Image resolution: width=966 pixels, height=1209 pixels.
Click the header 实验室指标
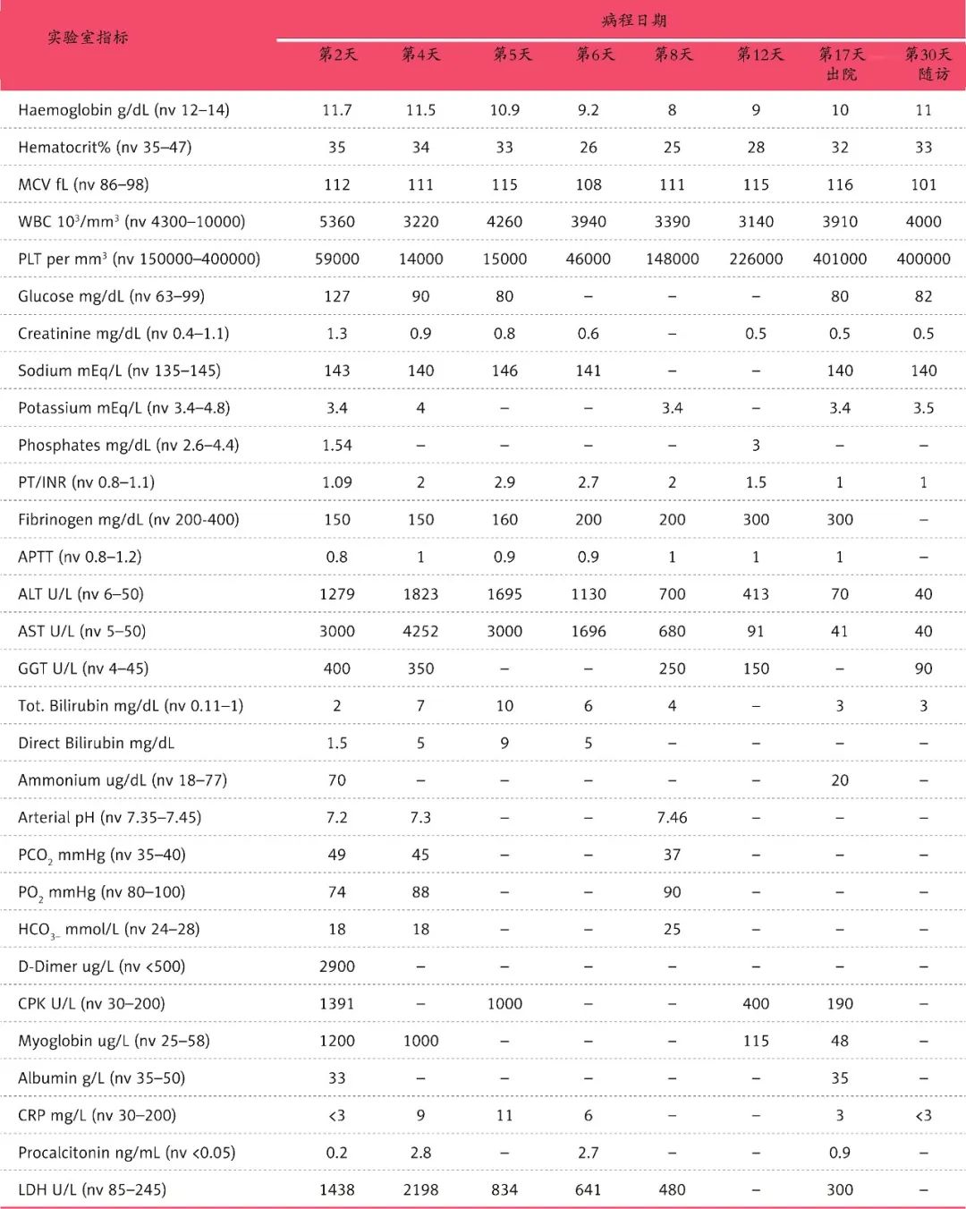[88, 38]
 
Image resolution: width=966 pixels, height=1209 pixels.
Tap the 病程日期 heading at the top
[633, 21]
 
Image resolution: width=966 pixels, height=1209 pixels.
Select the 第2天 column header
[337, 55]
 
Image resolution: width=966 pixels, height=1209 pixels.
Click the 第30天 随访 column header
[928, 64]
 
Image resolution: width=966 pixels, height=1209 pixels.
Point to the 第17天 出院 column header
[841, 64]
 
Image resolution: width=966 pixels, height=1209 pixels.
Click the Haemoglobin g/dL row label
[123, 110]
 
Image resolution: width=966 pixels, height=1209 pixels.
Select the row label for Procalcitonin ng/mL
[126, 1153]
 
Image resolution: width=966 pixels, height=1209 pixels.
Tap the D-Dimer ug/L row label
[101, 966]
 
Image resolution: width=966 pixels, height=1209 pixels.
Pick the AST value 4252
[420, 631]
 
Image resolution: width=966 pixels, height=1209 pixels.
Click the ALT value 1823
[420, 594]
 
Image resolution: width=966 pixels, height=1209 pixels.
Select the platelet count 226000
[756, 259]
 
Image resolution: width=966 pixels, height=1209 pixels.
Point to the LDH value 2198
[420, 1189]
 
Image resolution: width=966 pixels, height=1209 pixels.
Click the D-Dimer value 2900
[337, 966]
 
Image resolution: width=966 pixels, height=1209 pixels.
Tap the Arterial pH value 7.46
[672, 817]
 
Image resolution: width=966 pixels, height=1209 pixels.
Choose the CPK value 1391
[337, 1003]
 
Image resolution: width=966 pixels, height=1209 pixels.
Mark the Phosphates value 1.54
[337, 445]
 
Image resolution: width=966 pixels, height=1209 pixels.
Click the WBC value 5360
[337, 221]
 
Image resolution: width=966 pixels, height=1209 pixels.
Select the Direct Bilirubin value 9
[504, 743]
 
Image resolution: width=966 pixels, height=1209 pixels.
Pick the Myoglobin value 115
[756, 1041]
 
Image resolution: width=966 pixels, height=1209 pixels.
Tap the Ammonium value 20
[840, 780]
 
